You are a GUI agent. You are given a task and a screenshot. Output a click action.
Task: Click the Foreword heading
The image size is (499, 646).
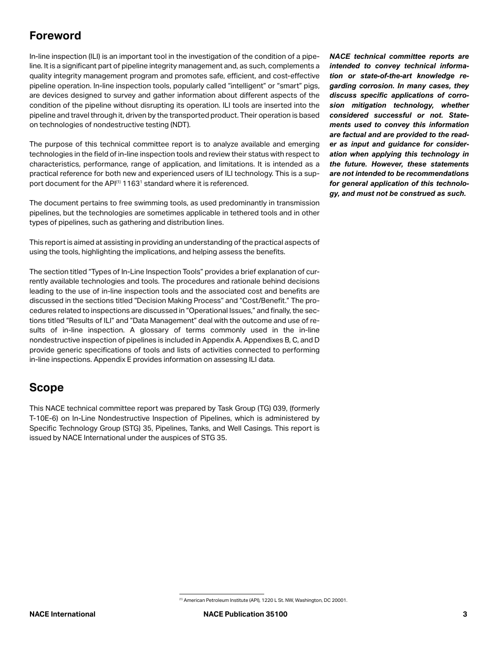pyautogui.click(x=55, y=36)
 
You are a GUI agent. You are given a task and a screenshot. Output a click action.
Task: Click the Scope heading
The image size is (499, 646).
pyautogui.click(x=46, y=388)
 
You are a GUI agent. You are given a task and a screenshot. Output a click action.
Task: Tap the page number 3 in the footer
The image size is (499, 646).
pyautogui.click(x=465, y=614)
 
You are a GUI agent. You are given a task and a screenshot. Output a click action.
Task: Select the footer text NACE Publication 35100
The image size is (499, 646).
pyautogui.click(x=245, y=614)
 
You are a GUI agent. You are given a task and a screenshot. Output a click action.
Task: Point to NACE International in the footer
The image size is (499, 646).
pyautogui.click(x=63, y=614)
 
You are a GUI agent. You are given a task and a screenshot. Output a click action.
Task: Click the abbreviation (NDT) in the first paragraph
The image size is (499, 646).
pyautogui.click(x=180, y=124)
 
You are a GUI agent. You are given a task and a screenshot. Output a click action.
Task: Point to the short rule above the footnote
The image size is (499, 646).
pyautogui.click(x=221, y=594)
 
